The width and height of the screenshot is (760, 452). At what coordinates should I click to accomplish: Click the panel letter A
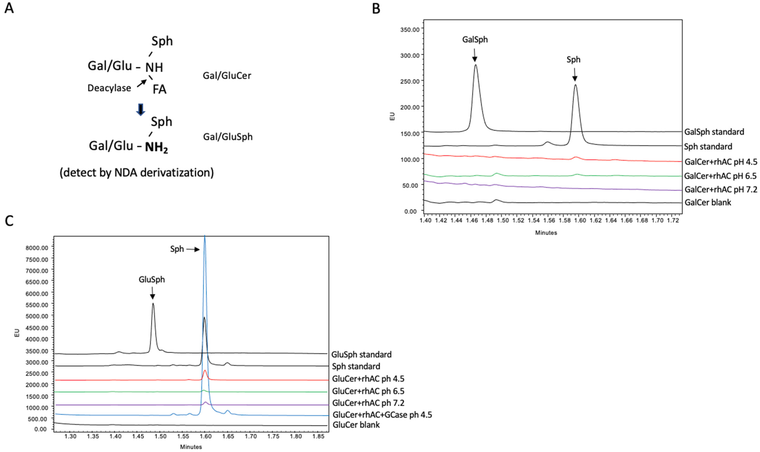[9, 8]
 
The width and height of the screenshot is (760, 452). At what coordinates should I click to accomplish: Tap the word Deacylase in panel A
[109, 88]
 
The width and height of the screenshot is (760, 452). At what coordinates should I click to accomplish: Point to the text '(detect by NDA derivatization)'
[137, 173]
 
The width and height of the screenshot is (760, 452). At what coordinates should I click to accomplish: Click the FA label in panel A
[159, 89]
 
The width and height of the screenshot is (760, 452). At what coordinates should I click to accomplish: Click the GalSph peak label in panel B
[475, 40]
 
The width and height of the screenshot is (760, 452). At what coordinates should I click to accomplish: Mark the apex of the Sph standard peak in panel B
[575, 85]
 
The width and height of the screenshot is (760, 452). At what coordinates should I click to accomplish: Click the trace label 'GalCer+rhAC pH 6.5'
[720, 176]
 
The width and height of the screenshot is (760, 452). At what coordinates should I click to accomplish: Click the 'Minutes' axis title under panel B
[546, 233]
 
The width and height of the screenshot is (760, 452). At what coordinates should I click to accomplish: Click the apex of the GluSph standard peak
[153, 303]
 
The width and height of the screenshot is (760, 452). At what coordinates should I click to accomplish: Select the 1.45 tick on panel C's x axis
[138, 436]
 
